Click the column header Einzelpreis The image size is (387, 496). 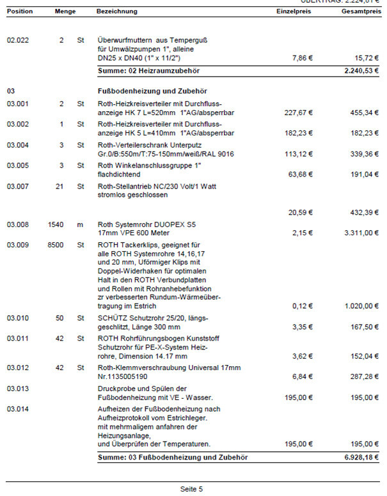pos(294,12)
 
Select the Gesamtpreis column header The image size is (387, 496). pos(361,12)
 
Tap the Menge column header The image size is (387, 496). pos(65,12)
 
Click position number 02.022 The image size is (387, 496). pos(18,40)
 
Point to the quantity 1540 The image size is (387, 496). pos(56,225)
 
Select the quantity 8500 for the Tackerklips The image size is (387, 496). pos(56,244)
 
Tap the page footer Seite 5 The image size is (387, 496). pos(191,489)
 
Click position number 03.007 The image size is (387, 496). pos(18,186)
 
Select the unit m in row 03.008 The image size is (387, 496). pos(80,225)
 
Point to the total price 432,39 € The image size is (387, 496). pos(363,212)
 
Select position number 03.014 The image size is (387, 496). pos(18,408)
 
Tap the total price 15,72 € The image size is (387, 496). pos(365,58)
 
